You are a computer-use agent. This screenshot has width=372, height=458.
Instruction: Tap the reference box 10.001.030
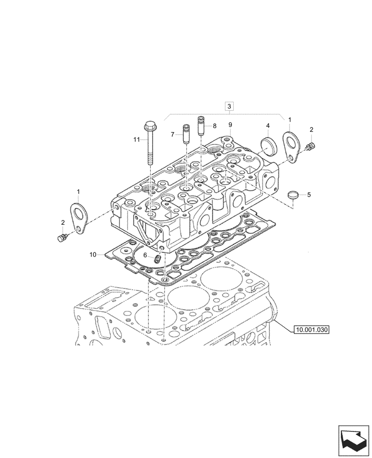[312, 329]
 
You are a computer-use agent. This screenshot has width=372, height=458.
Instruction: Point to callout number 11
[136, 139]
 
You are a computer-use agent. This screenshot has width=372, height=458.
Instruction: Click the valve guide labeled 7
[186, 135]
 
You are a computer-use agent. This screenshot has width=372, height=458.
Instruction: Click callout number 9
[230, 125]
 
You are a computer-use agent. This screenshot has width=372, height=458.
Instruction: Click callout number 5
[308, 195]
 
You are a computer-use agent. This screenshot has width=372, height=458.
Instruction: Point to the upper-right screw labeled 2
[311, 146]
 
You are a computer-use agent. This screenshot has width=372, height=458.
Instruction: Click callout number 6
[145, 256]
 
